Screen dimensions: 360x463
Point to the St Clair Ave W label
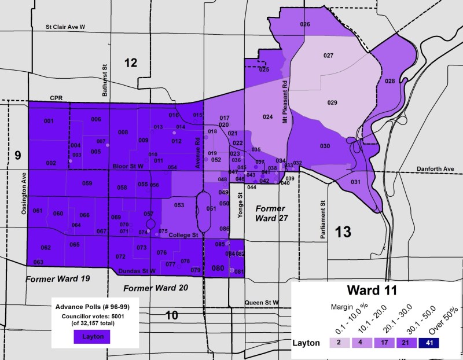point(65,27)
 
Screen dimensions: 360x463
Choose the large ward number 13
point(343,233)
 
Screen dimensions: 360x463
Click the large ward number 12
point(131,63)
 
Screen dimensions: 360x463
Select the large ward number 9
point(17,155)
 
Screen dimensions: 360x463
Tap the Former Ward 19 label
point(58,279)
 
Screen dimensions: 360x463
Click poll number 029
point(332,102)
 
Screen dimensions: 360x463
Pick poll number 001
point(49,121)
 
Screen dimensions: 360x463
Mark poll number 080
point(218,268)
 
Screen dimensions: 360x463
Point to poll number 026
point(305,24)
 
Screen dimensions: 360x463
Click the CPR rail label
point(56,98)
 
